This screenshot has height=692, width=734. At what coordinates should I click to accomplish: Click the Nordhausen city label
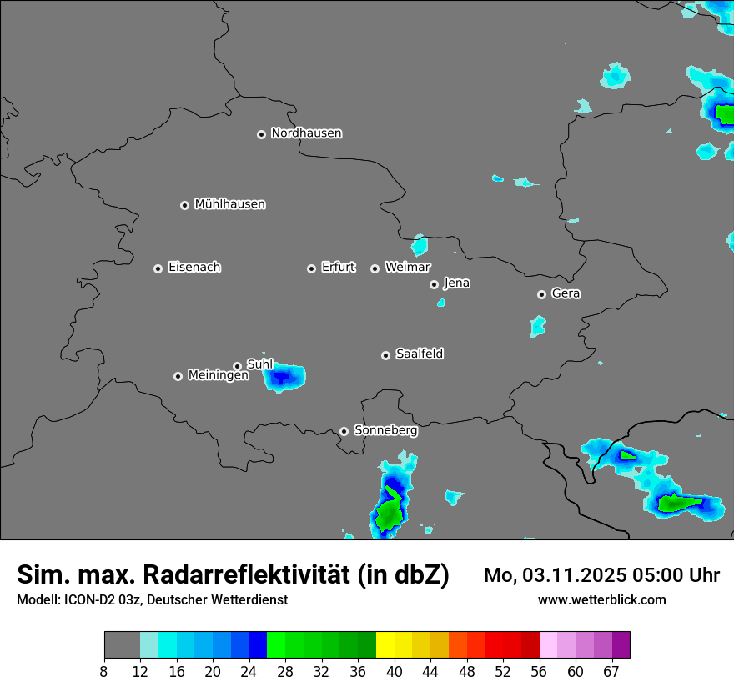pos(306,133)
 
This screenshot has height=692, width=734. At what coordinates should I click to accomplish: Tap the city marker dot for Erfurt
pos(311,268)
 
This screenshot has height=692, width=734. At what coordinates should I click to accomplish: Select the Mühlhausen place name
pos(229,204)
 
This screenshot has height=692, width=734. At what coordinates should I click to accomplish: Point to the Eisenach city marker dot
pos(158,268)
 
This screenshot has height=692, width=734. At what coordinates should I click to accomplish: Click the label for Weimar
pos(407,268)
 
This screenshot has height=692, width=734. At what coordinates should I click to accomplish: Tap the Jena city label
pos(456,283)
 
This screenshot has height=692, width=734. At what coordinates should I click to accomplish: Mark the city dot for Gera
pos(541,294)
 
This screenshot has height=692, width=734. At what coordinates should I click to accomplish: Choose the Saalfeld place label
pos(419,354)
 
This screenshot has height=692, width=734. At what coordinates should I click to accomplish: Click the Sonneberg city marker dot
pos(344,431)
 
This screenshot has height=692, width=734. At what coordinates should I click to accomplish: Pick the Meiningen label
pos(218,376)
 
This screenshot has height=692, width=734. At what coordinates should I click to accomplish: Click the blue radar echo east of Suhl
pos(284,378)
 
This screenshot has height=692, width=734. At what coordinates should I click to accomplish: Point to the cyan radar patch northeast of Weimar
pos(420,245)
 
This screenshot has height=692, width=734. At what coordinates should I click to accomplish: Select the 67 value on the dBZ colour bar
pos(611,672)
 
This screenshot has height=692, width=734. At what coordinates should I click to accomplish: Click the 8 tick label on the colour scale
pos(104,672)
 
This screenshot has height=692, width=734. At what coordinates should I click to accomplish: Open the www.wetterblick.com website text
pos(602,599)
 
